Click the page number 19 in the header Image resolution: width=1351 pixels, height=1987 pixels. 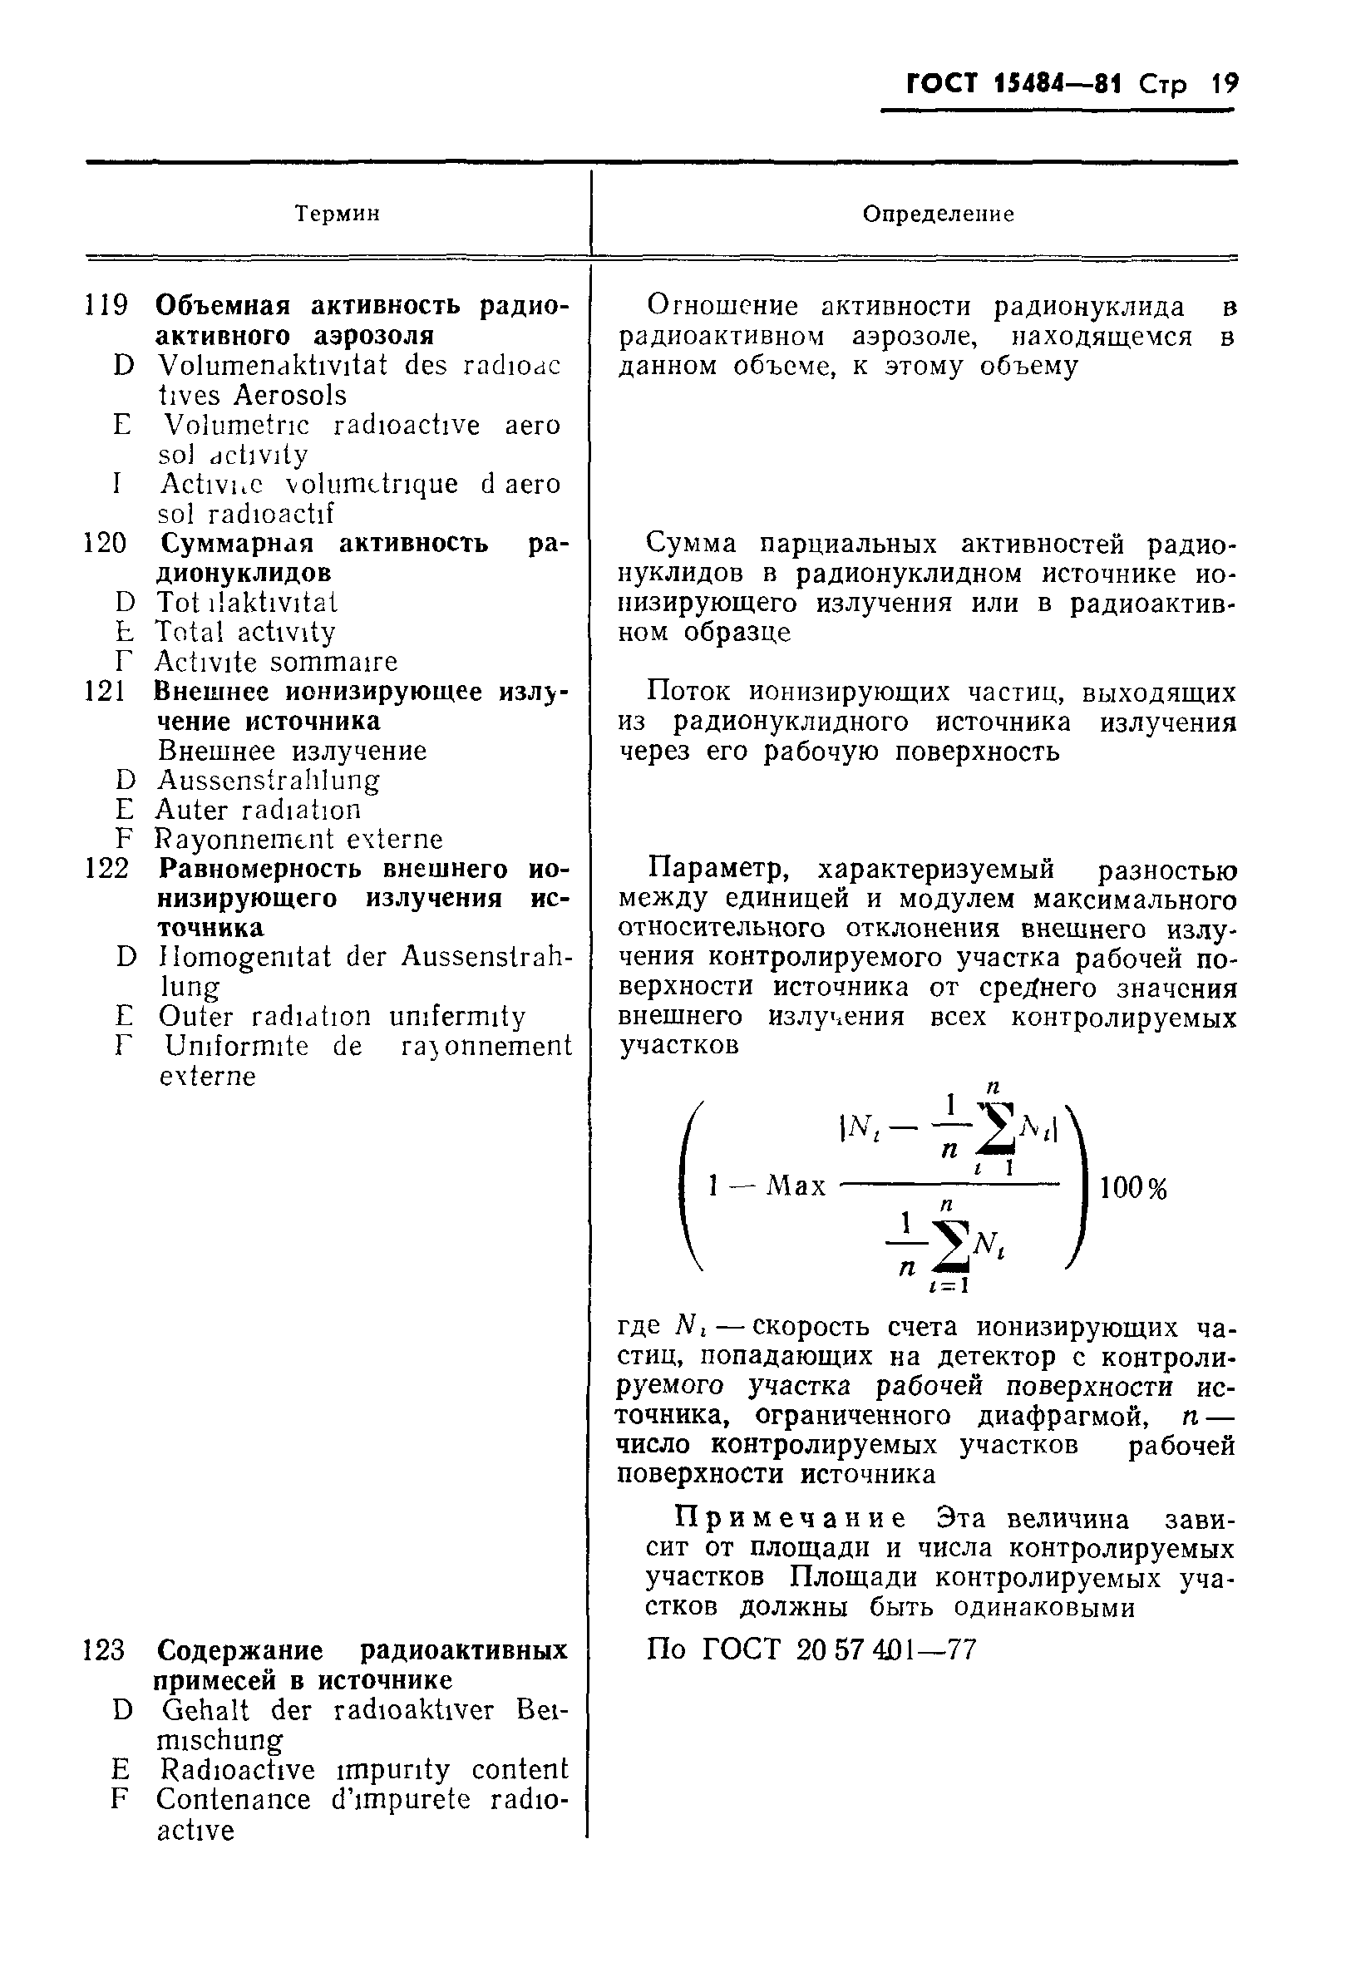pos(1224,85)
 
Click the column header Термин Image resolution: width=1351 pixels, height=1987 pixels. pos(337,214)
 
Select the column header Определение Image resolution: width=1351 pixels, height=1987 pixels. pos(938,214)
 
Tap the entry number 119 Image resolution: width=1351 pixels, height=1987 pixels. pos(107,305)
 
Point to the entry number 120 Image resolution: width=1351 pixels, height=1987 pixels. pos(106,543)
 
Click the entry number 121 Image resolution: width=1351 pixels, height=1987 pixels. pos(106,691)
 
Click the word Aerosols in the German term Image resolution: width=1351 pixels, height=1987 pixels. pos(291,395)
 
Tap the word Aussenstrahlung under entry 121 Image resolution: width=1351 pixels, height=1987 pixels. pos(269,780)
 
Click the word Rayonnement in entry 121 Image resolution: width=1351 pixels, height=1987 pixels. pos(234,839)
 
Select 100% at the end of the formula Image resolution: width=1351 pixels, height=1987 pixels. pos(1133,1187)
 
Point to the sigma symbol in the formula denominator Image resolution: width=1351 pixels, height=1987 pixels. pos(954,1249)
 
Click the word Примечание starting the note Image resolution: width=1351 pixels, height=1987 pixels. pos(790,1518)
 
